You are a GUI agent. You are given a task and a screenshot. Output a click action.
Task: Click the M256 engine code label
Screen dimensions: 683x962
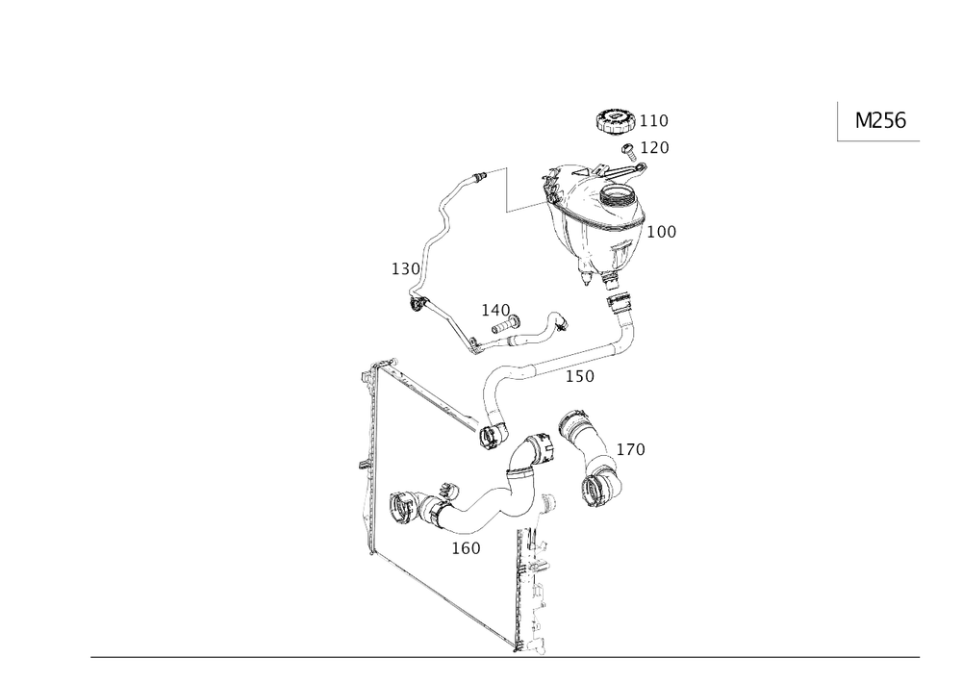(881, 120)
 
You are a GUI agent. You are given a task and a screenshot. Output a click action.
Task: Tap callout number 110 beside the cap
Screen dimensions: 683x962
(657, 121)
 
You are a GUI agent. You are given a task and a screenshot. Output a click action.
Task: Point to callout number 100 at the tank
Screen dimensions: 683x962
(663, 231)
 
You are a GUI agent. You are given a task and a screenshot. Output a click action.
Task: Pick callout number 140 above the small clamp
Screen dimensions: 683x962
(495, 310)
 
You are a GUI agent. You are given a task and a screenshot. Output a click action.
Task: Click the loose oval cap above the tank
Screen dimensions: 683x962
(617, 121)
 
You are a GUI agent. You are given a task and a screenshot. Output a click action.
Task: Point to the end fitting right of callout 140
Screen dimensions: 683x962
(556, 324)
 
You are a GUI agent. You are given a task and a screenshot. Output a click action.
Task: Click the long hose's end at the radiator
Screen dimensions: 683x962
(490, 438)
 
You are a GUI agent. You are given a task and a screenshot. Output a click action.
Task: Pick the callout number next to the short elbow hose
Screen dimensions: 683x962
(630, 449)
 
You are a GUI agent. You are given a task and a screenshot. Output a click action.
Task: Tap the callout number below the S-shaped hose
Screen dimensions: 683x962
(466, 547)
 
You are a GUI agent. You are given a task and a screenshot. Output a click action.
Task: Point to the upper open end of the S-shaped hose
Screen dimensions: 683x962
(534, 448)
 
